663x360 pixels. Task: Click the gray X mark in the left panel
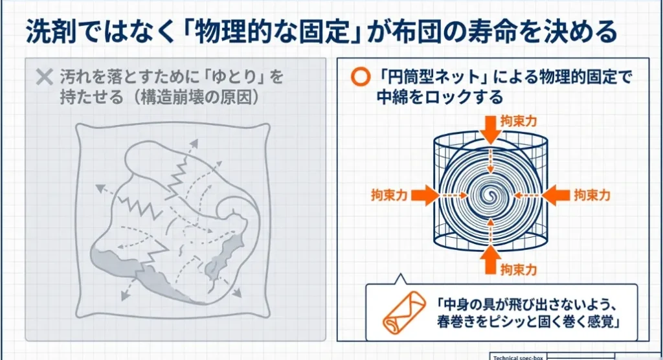tap(44, 78)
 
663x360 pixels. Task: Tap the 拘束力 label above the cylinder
tap(519, 121)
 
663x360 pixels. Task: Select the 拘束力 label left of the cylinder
tap(389, 195)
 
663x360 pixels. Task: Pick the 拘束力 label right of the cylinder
tap(592, 195)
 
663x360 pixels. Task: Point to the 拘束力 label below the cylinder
tap(519, 268)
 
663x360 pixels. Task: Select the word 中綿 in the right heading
tap(389, 98)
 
